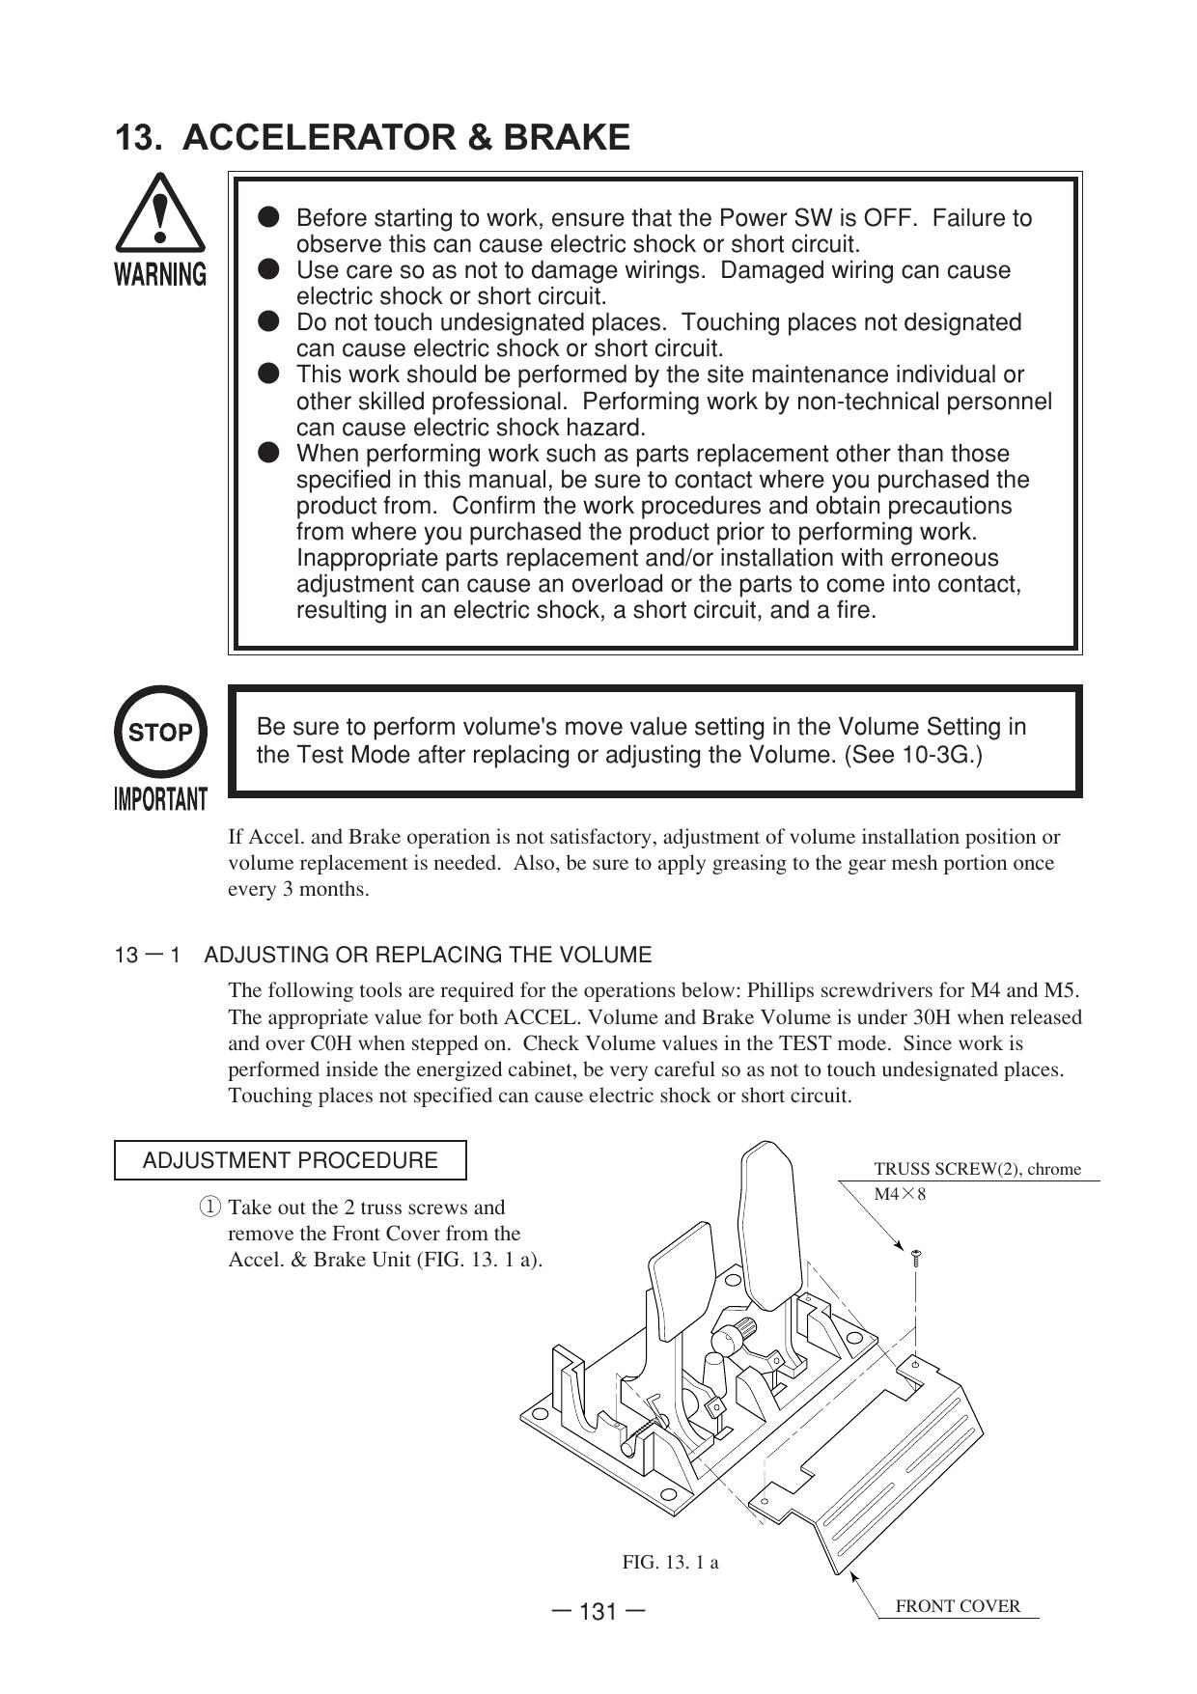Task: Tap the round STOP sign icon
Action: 160,732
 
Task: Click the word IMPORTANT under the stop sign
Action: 160,799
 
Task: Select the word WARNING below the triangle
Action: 160,275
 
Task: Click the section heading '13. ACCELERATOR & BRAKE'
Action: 373,138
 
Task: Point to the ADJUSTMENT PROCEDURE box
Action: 290,1160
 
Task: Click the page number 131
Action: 598,1612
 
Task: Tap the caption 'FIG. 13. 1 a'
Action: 670,1562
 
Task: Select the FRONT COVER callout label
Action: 958,1606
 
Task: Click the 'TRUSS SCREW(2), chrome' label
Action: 977,1169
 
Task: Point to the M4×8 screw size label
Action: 900,1194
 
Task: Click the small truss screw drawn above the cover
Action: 916,1257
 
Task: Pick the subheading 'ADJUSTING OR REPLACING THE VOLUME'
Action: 428,956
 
